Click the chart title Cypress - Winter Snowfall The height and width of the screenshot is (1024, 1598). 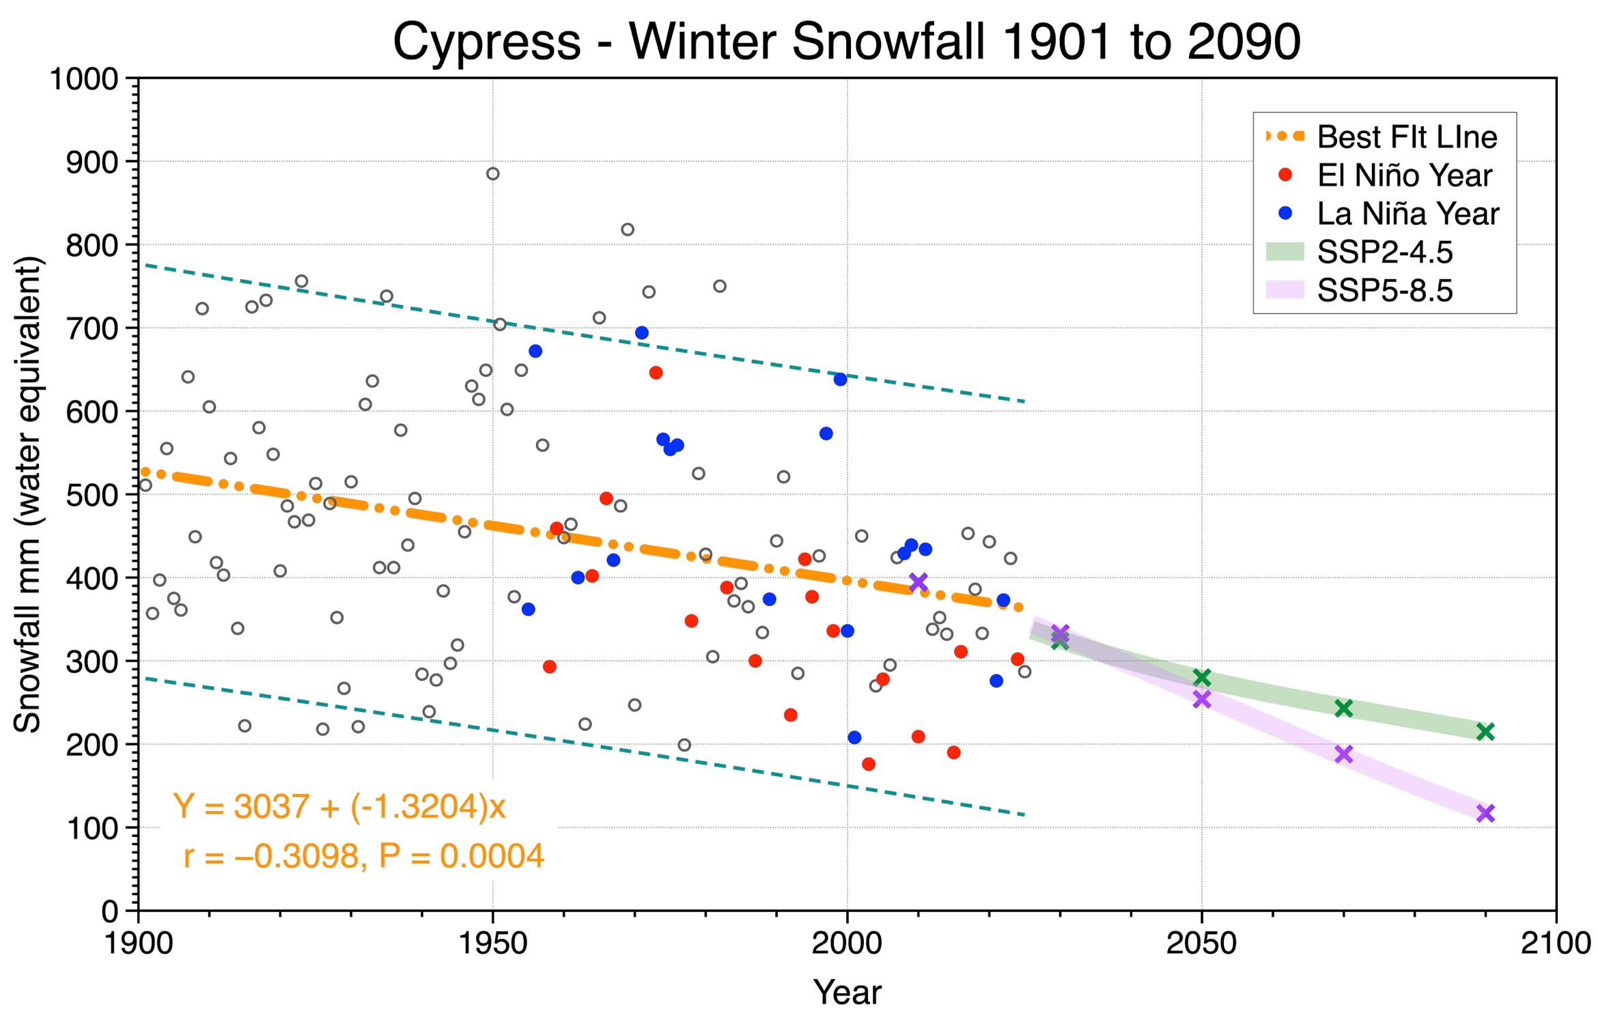click(x=847, y=42)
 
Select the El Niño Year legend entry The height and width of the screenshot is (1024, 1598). click(x=1384, y=175)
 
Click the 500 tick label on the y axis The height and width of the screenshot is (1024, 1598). click(x=92, y=494)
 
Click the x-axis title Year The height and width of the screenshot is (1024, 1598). click(x=847, y=992)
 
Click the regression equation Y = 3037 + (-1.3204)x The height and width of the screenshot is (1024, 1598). click(x=339, y=806)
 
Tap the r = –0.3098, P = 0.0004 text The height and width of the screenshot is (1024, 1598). click(x=364, y=856)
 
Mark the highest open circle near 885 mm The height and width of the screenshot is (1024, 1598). click(x=493, y=173)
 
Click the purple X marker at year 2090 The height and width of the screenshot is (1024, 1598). click(x=1485, y=813)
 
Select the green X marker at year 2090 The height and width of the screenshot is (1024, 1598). click(x=1485, y=731)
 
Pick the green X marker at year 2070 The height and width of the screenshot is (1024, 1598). click(x=1343, y=708)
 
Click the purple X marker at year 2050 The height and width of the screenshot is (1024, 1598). click(x=1202, y=699)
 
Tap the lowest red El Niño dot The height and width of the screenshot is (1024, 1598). click(x=869, y=764)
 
